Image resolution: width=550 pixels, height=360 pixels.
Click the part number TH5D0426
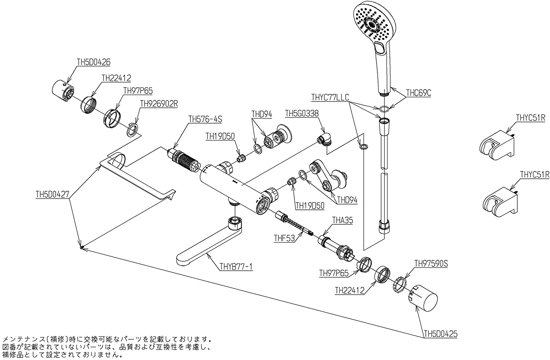[93, 62]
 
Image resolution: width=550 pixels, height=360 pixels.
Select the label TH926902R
[159, 104]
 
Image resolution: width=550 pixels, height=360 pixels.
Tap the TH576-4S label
[205, 119]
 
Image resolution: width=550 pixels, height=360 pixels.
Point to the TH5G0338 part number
[301, 114]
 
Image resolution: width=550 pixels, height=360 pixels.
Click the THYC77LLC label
[330, 97]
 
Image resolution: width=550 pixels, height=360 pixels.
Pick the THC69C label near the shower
[418, 93]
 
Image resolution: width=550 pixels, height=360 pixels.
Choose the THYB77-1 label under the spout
[236, 267]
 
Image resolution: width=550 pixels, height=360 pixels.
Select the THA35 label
[342, 220]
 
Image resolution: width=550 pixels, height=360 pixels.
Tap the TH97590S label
[431, 263]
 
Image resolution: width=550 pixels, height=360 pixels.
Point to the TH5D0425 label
[440, 334]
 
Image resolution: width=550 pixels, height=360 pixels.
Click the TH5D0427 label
[52, 194]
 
